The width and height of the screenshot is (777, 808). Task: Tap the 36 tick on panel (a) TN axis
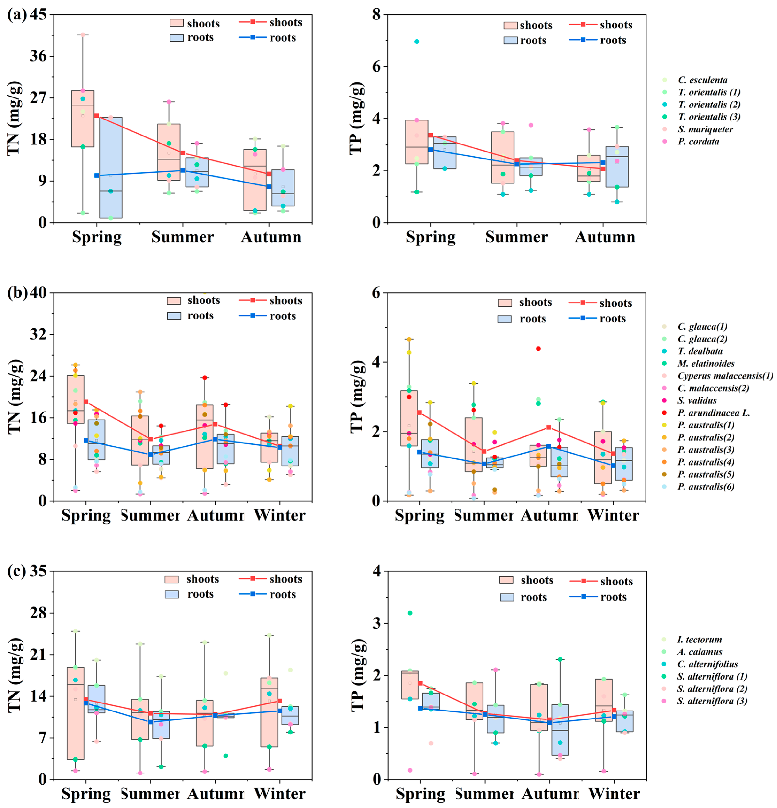point(38,56)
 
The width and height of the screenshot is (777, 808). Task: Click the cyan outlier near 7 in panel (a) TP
point(417,42)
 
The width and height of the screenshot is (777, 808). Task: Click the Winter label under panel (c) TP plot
point(614,794)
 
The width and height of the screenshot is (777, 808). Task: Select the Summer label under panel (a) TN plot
point(183,237)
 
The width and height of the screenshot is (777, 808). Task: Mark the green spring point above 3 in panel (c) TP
point(410,613)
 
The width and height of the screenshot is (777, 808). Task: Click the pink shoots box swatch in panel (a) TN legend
point(176,23)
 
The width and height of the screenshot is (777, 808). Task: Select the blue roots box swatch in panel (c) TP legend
point(506,597)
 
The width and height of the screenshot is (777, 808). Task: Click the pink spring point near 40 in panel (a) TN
point(83,35)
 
